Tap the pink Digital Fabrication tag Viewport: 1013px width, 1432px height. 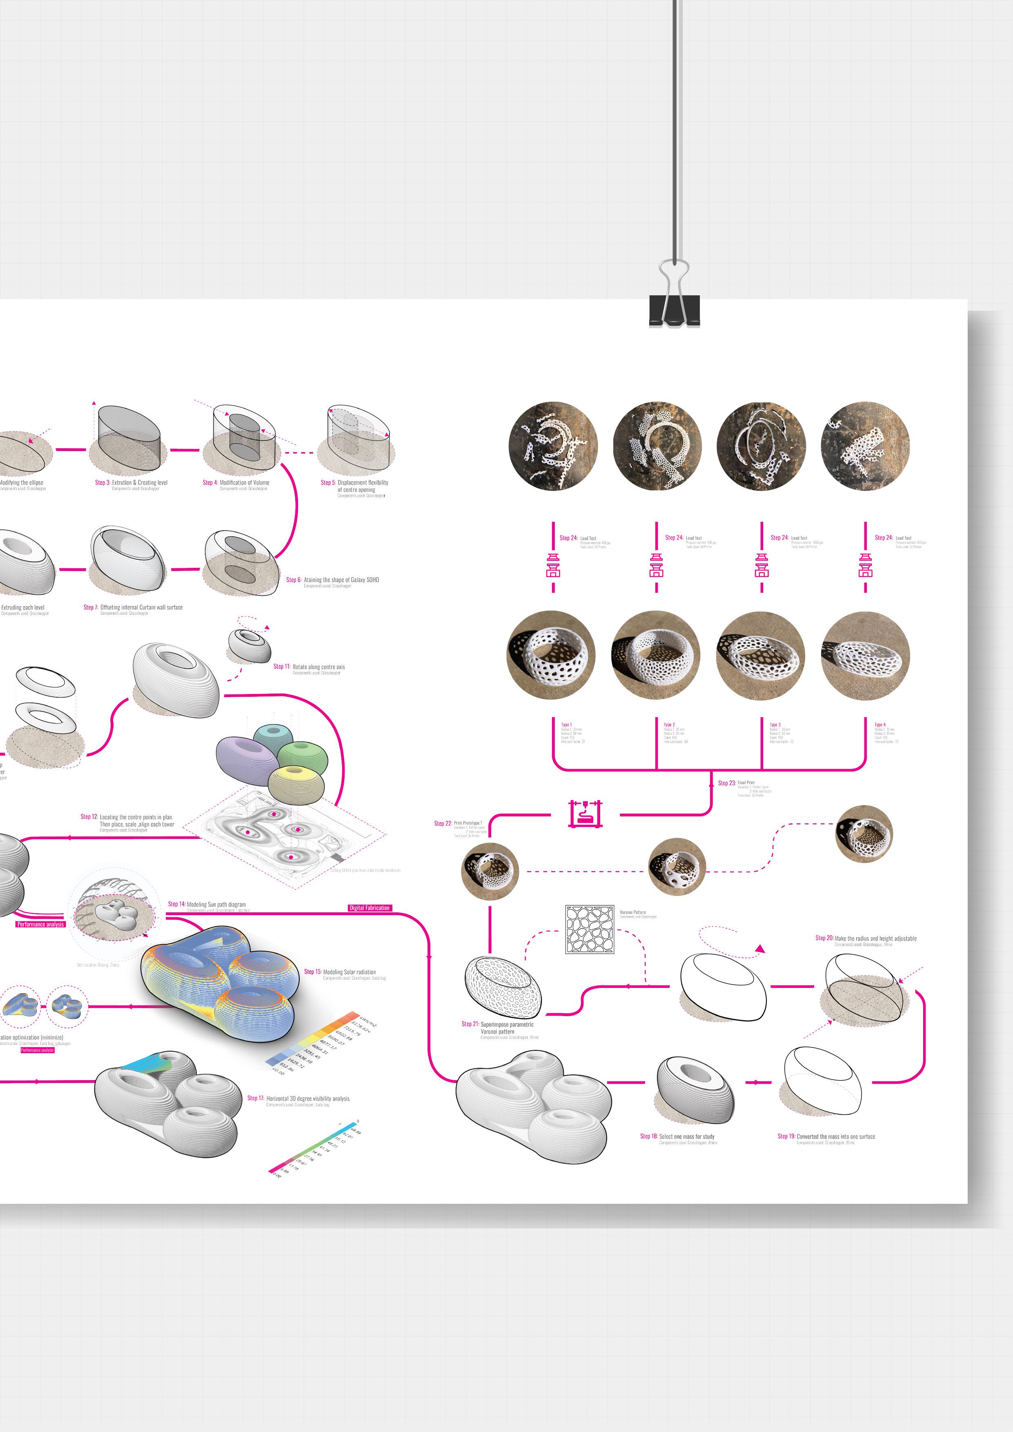point(369,908)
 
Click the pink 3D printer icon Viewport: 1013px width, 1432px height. point(585,813)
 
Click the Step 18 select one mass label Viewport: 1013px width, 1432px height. point(677,1136)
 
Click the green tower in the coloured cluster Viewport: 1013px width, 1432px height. point(302,756)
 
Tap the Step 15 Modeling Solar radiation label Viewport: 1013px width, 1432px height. point(340,972)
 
